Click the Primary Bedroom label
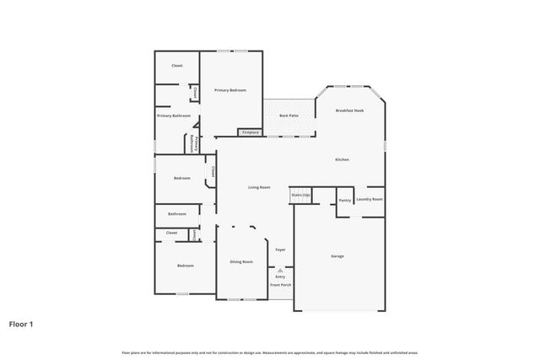(x=230, y=90)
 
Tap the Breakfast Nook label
(x=349, y=110)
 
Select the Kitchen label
(x=342, y=159)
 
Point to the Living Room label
(x=259, y=187)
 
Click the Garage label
(x=337, y=256)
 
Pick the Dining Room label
(x=241, y=261)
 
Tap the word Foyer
(x=280, y=250)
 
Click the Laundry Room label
(x=370, y=199)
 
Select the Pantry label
(x=345, y=200)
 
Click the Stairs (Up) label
(x=301, y=195)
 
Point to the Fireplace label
(x=251, y=132)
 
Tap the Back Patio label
(x=289, y=115)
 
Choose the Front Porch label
(x=280, y=285)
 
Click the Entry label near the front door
(x=280, y=277)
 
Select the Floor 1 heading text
(x=21, y=323)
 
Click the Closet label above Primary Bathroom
(x=177, y=65)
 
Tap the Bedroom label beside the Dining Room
(x=185, y=266)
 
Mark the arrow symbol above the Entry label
(x=280, y=270)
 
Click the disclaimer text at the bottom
(x=270, y=352)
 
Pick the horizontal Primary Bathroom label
(x=174, y=116)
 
